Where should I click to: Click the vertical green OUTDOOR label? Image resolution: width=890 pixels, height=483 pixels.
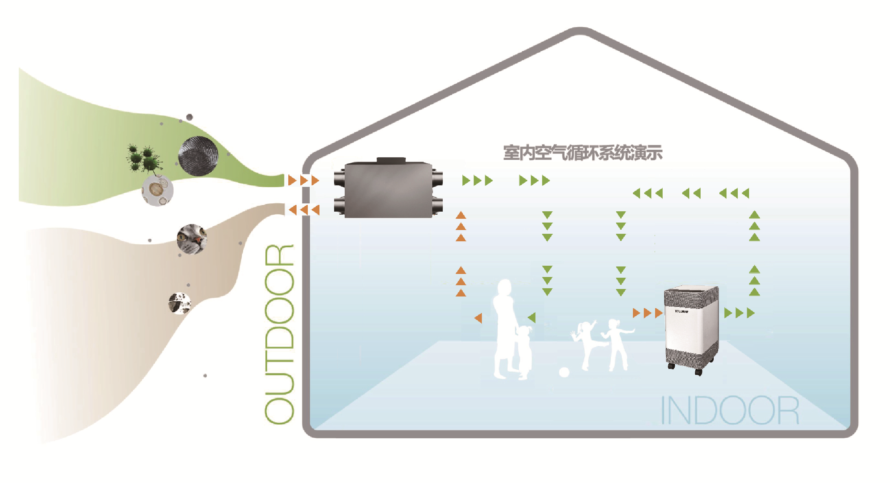(x=279, y=334)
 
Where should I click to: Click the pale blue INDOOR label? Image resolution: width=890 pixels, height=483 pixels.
(x=729, y=411)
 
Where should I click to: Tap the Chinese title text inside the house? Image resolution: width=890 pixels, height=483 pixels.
(x=583, y=153)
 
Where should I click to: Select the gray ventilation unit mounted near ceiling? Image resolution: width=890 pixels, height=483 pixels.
(x=388, y=189)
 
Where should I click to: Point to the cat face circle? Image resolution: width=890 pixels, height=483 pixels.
(x=192, y=239)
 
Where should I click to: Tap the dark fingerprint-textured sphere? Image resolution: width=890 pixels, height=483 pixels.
(x=198, y=156)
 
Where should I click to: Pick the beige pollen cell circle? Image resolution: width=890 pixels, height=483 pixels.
(x=157, y=190)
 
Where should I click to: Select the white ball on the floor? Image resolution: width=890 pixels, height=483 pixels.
(x=564, y=372)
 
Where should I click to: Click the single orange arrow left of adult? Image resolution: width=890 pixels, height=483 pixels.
(x=478, y=318)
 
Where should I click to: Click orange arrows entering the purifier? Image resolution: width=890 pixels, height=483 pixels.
(x=647, y=313)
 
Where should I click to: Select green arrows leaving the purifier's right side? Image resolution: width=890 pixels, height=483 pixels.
(x=739, y=313)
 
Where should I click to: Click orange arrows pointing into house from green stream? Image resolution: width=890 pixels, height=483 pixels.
(x=304, y=181)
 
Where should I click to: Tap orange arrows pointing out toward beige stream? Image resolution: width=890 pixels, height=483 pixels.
(x=304, y=210)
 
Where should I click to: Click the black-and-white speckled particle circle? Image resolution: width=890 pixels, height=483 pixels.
(x=180, y=303)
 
